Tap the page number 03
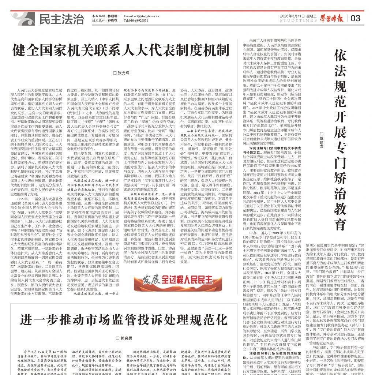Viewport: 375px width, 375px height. pyautogui.click(x=355, y=18)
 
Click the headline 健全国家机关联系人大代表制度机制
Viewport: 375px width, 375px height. pyautogui.click(x=121, y=49)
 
